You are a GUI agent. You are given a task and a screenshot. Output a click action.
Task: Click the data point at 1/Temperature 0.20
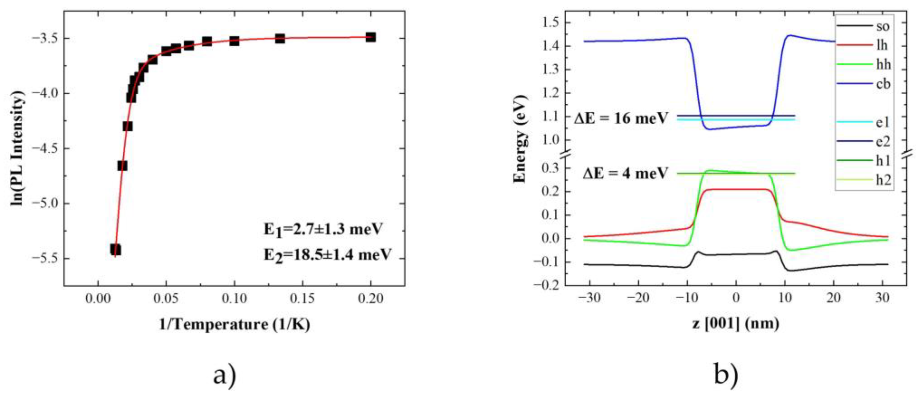[370, 37]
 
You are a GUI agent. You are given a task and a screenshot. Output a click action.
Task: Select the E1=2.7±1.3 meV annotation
[323, 229]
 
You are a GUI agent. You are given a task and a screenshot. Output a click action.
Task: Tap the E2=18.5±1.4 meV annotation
[327, 255]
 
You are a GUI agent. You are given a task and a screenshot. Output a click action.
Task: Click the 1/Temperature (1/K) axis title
[234, 324]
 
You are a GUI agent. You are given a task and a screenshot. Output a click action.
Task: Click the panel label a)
[225, 376]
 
